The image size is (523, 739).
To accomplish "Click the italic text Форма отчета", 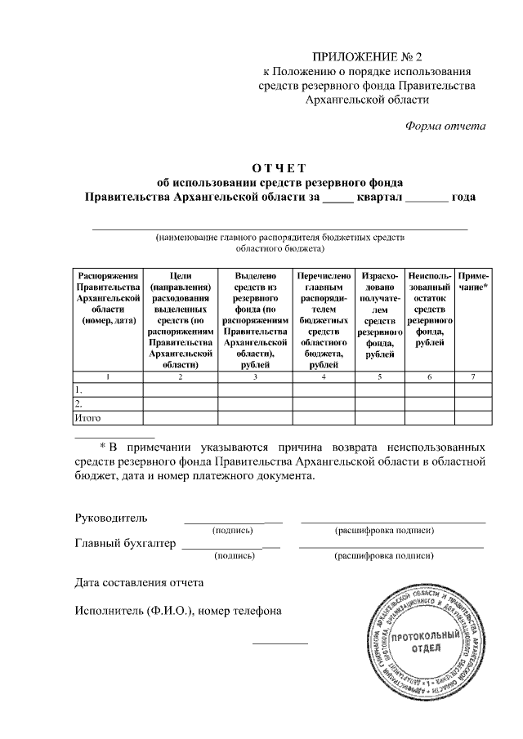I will [445, 126].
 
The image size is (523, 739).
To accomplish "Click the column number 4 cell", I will [324, 376].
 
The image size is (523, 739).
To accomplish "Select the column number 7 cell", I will [474, 376].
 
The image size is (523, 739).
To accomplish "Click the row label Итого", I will [87, 418].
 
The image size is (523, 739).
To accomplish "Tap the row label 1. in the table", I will [78, 390].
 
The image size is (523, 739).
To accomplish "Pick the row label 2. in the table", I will [78, 404].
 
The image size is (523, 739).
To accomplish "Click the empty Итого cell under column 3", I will [255, 418].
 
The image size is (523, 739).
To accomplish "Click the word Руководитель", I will [110, 518].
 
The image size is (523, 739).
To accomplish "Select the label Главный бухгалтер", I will [125, 543].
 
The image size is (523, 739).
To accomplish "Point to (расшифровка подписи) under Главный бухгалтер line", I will [384, 556].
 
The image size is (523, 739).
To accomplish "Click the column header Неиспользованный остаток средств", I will [430, 309].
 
